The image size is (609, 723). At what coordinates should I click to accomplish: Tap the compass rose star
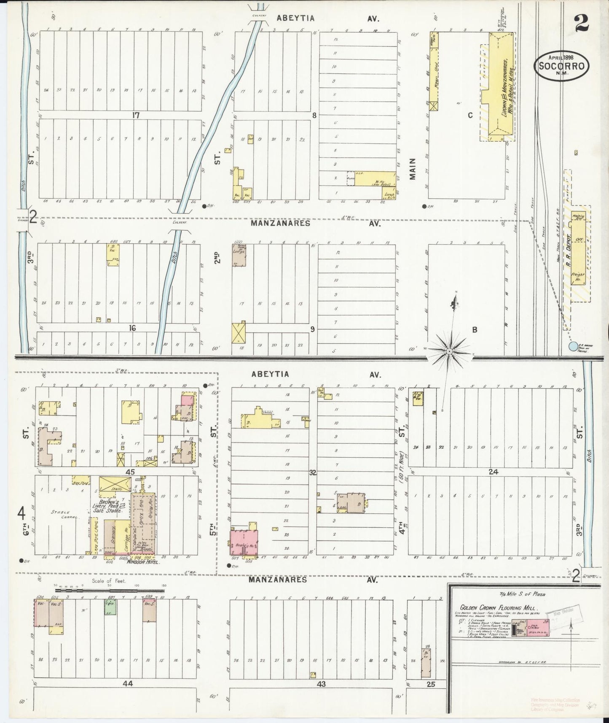point(450,351)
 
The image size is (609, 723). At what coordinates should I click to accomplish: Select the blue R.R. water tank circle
point(572,346)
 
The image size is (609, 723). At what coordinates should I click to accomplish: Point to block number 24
point(493,472)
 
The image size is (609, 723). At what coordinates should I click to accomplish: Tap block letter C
point(470,115)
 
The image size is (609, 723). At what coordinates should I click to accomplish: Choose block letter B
point(474,330)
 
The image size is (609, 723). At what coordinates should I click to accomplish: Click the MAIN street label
point(412,169)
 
